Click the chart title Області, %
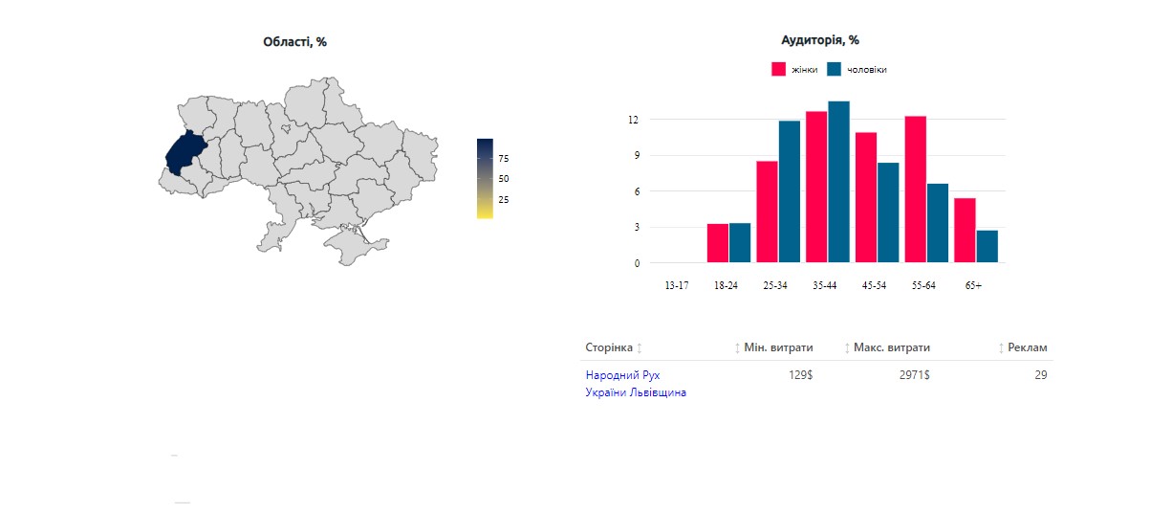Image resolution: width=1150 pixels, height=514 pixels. click(x=294, y=41)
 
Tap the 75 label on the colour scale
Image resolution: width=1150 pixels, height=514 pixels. click(x=504, y=158)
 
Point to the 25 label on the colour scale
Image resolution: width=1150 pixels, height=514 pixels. click(x=504, y=200)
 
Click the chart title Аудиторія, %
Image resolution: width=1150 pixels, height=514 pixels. click(x=819, y=40)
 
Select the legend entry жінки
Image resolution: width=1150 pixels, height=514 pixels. click(x=793, y=70)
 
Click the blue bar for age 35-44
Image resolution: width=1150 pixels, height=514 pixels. click(x=838, y=182)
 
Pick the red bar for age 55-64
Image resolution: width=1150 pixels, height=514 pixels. click(x=916, y=190)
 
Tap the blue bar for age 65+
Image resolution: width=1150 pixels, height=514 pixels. click(x=987, y=246)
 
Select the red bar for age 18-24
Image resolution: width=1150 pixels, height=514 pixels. click(x=717, y=243)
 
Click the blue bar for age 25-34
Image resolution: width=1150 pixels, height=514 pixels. click(x=790, y=191)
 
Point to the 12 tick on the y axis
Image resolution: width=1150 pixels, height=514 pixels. click(x=634, y=120)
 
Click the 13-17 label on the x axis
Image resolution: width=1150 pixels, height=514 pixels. click(x=676, y=285)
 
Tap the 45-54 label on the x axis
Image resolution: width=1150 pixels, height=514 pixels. click(x=874, y=285)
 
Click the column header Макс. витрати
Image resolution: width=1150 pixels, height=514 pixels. click(x=892, y=347)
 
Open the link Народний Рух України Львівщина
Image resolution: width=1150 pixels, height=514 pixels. click(x=635, y=384)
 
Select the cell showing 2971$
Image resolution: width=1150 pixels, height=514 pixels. click(x=913, y=375)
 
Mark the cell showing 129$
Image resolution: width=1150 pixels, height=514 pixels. click(x=800, y=375)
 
